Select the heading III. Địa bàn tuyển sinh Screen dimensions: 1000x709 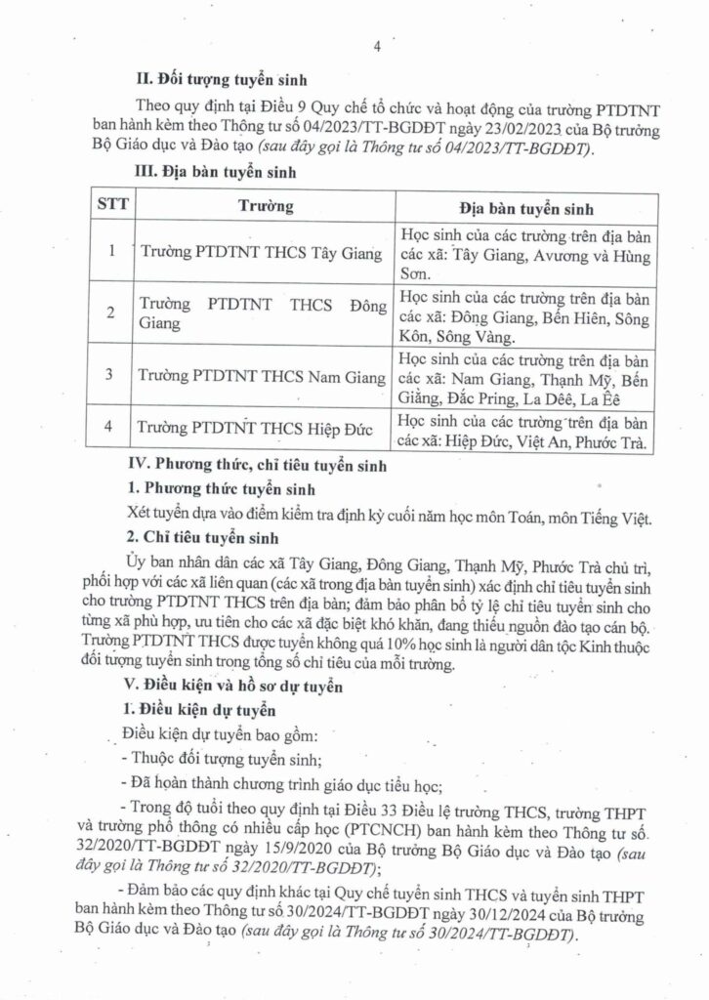point(209,173)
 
